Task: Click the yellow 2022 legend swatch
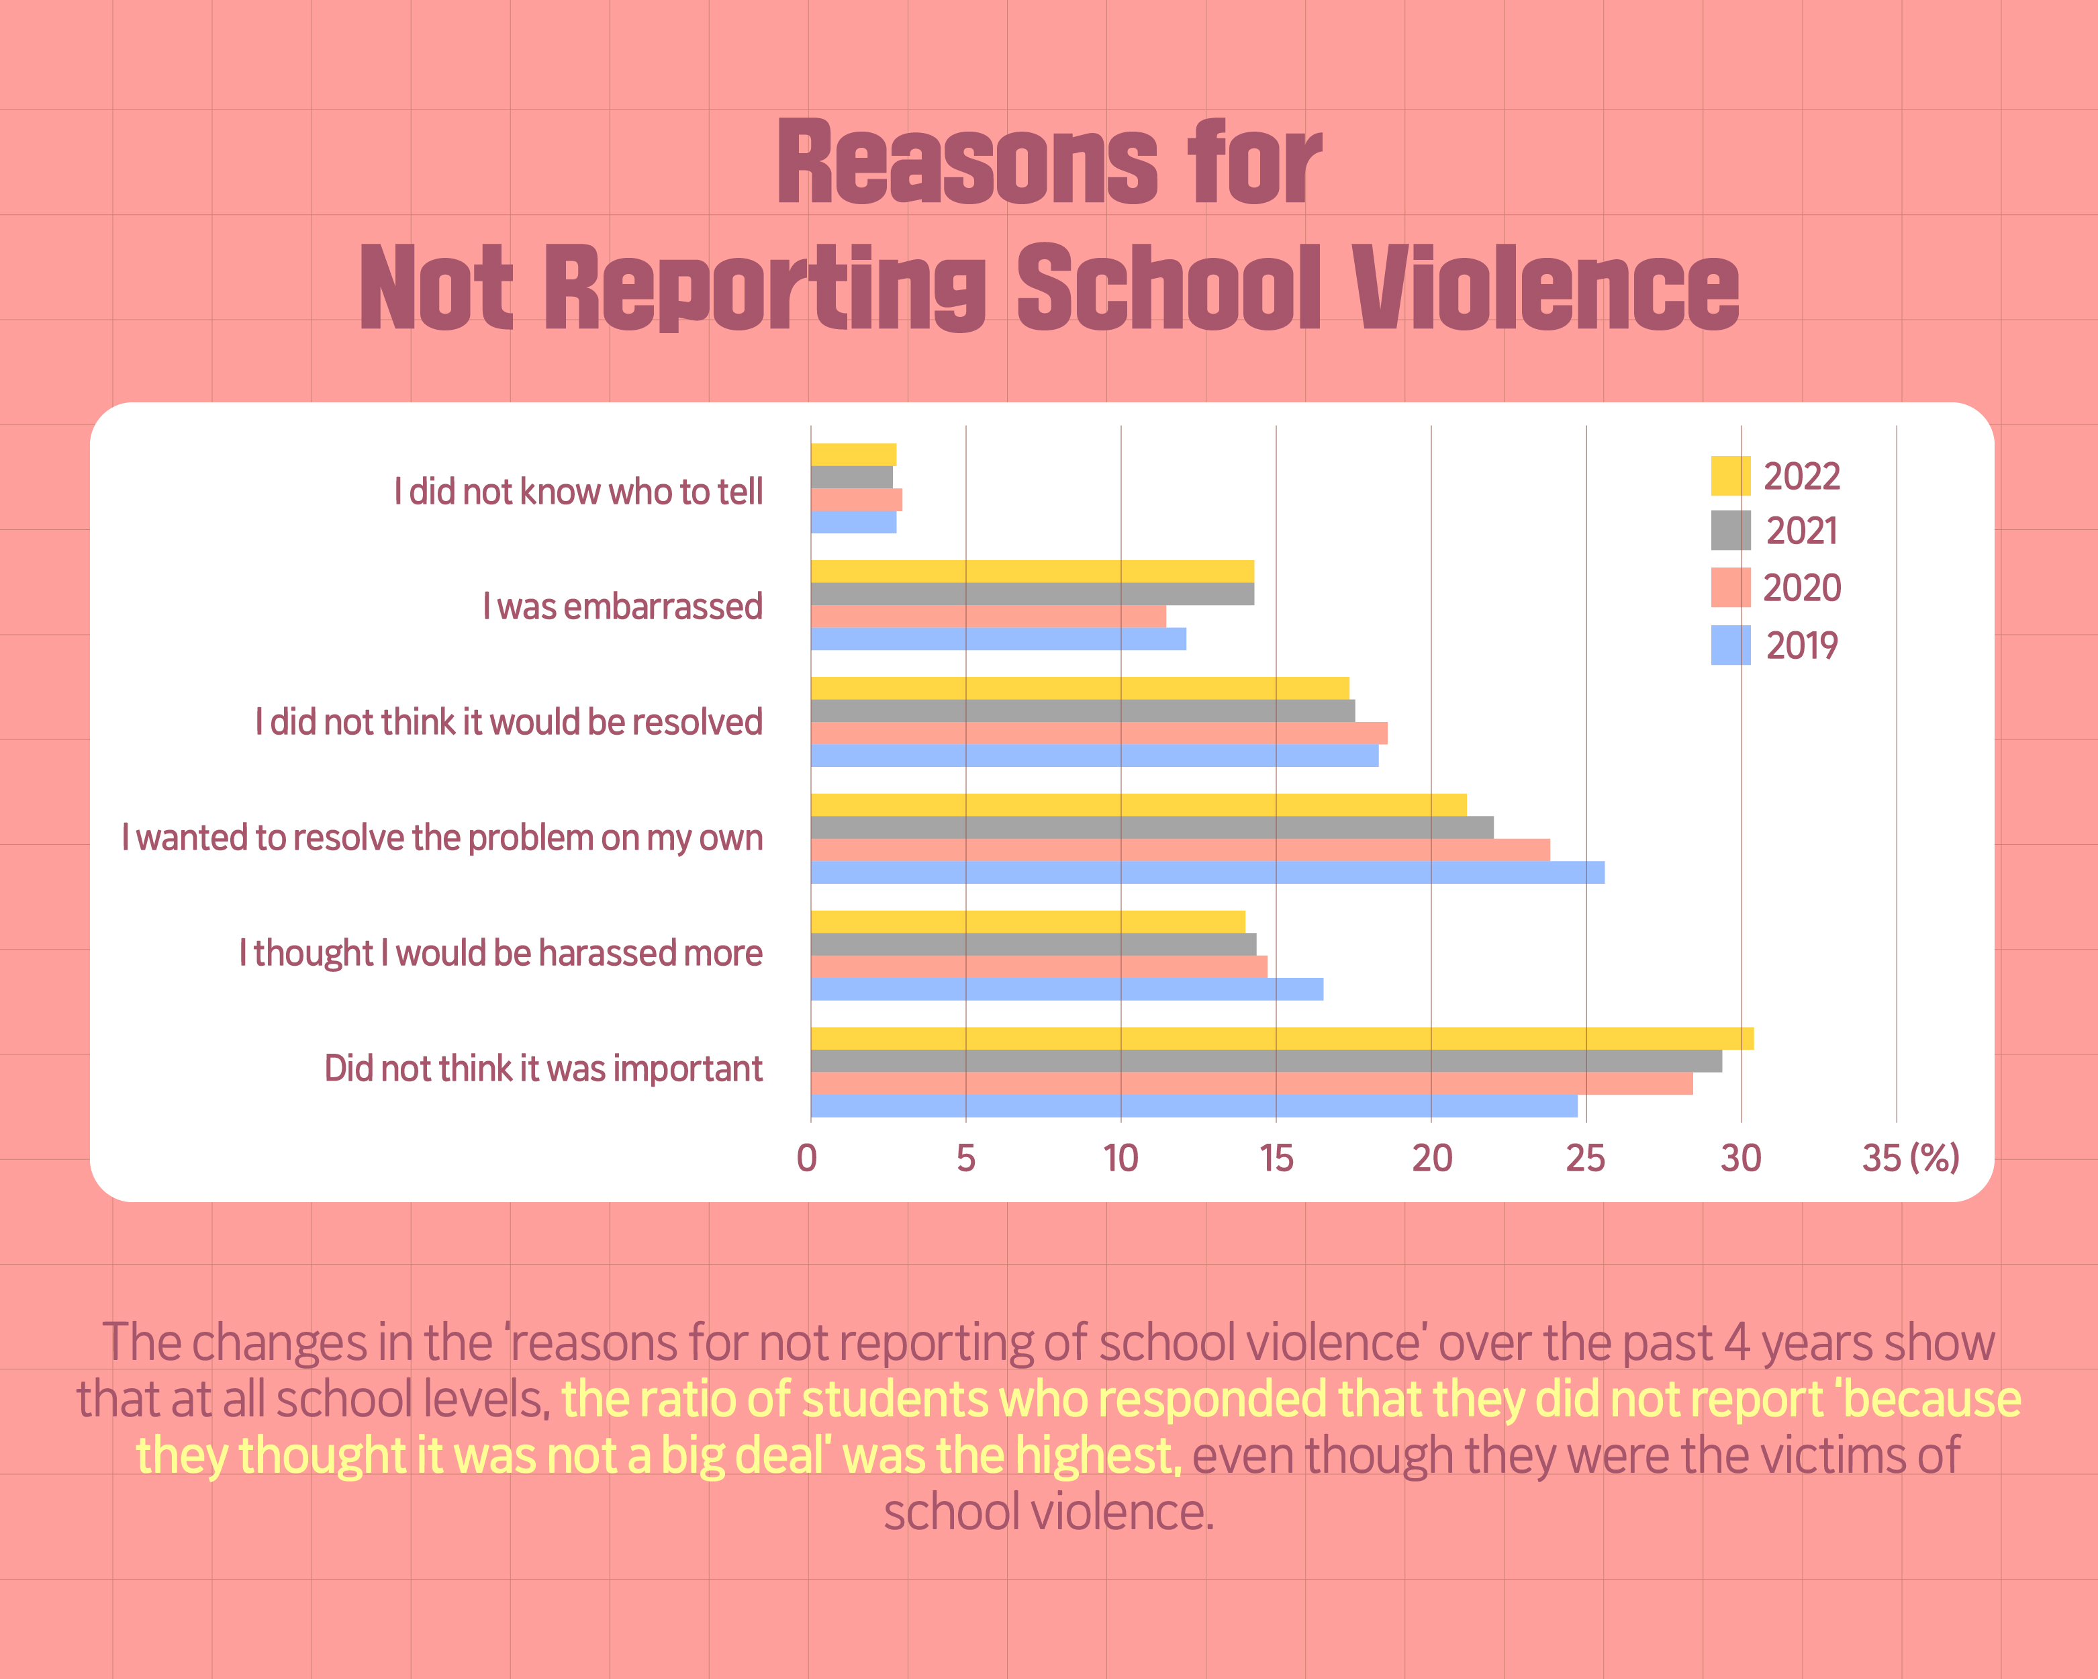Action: coord(1730,476)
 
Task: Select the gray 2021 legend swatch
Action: coord(1730,531)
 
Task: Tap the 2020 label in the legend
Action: coord(1801,588)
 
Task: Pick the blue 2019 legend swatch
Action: coord(1730,645)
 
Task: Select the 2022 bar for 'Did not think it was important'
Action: coord(1282,1038)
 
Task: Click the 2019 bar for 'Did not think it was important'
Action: coord(1193,1105)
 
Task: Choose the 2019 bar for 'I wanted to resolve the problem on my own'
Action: coord(1206,872)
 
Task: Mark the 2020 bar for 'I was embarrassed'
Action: coord(988,616)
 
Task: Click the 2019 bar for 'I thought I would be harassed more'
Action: coord(1067,989)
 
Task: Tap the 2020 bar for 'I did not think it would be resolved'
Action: coord(1098,733)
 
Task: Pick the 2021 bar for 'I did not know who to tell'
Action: coord(851,477)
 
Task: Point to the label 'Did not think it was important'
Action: coord(543,1069)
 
